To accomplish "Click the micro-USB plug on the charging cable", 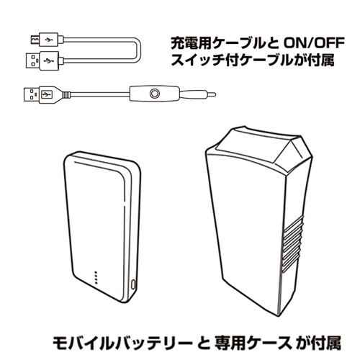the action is click(45, 40).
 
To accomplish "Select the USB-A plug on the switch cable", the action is click(45, 94).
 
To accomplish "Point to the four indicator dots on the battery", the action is click(96, 278).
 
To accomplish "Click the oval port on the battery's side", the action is click(133, 285).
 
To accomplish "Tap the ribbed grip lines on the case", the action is click(293, 245).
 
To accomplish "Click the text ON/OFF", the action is click(314, 43).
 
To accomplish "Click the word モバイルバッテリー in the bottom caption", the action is click(122, 343).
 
